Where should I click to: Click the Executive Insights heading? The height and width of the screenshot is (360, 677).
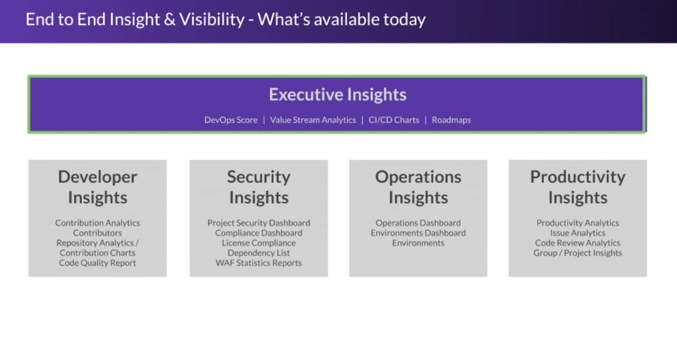[337, 94]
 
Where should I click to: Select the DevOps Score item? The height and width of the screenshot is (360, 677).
[231, 120]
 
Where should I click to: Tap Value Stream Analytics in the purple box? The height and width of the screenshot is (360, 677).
[313, 120]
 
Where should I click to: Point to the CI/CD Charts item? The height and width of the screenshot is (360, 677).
[394, 120]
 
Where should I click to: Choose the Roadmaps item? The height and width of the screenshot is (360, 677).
[451, 120]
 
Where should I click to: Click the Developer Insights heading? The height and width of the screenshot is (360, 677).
[97, 187]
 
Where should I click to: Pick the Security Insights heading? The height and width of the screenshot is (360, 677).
[259, 187]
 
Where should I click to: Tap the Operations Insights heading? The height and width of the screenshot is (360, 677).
[418, 187]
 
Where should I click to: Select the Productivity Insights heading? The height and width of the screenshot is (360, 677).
[578, 187]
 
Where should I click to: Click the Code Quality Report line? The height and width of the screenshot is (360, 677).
[97, 263]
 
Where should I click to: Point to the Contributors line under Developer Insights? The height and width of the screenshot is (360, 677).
[97, 233]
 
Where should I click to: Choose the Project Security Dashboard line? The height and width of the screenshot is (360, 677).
[259, 223]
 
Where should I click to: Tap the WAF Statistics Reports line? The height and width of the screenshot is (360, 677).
[259, 263]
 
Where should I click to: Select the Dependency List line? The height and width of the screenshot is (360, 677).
[259, 252]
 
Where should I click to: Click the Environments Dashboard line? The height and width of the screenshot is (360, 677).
[418, 233]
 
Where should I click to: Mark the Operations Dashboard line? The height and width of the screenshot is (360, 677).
[418, 223]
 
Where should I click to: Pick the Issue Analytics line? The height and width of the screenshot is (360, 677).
[578, 233]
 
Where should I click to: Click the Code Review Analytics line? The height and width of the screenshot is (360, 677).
[578, 243]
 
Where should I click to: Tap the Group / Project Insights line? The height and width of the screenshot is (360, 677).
[578, 252]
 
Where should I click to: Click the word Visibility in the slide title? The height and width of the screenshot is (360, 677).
[212, 20]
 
